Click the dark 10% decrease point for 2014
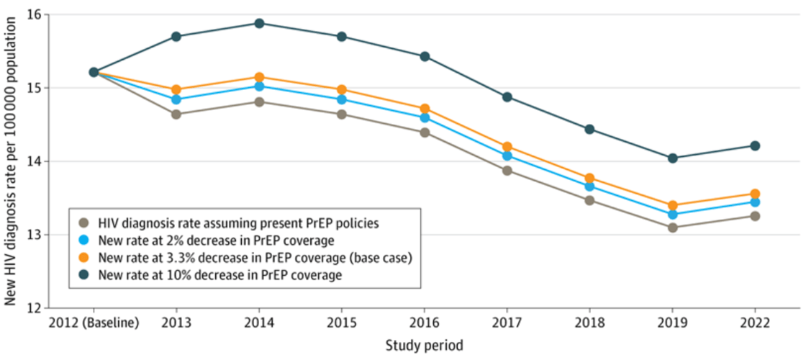click(x=259, y=23)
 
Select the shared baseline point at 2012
click(x=94, y=72)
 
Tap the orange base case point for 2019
click(x=672, y=205)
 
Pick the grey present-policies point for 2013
click(x=176, y=114)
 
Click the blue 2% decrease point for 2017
click(x=507, y=156)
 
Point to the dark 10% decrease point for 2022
click(x=755, y=145)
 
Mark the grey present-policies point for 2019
click(x=672, y=228)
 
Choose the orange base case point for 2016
click(x=425, y=109)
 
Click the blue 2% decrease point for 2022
click(x=755, y=202)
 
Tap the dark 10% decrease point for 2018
click(x=589, y=130)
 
